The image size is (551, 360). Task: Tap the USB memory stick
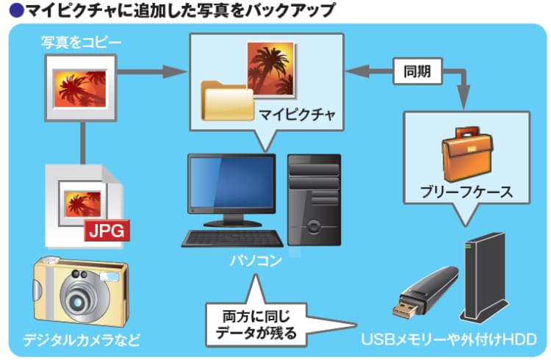(426, 292)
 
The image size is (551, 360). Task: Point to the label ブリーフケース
(466, 193)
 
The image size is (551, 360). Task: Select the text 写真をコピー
(81, 42)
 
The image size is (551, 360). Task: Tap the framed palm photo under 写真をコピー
(81, 87)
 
